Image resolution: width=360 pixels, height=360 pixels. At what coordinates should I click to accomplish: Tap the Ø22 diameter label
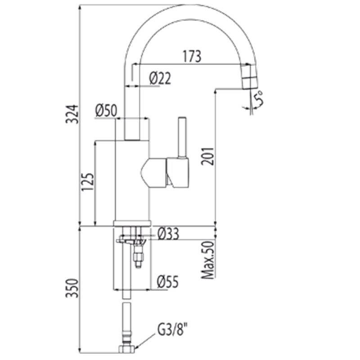coord(160,78)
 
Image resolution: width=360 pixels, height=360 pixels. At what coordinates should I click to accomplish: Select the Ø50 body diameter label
coord(106,110)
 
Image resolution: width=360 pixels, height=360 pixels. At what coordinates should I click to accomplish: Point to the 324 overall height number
coord(72,114)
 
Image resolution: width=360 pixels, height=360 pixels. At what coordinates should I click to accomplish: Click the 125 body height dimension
coord(87,182)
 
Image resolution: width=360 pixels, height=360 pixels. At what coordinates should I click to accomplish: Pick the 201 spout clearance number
coord(207,156)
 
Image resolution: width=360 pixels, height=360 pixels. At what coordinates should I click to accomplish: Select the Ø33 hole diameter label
coord(168,234)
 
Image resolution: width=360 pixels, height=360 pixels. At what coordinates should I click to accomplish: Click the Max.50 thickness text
coord(208,260)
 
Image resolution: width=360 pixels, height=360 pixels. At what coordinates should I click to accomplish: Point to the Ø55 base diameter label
coord(167,282)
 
